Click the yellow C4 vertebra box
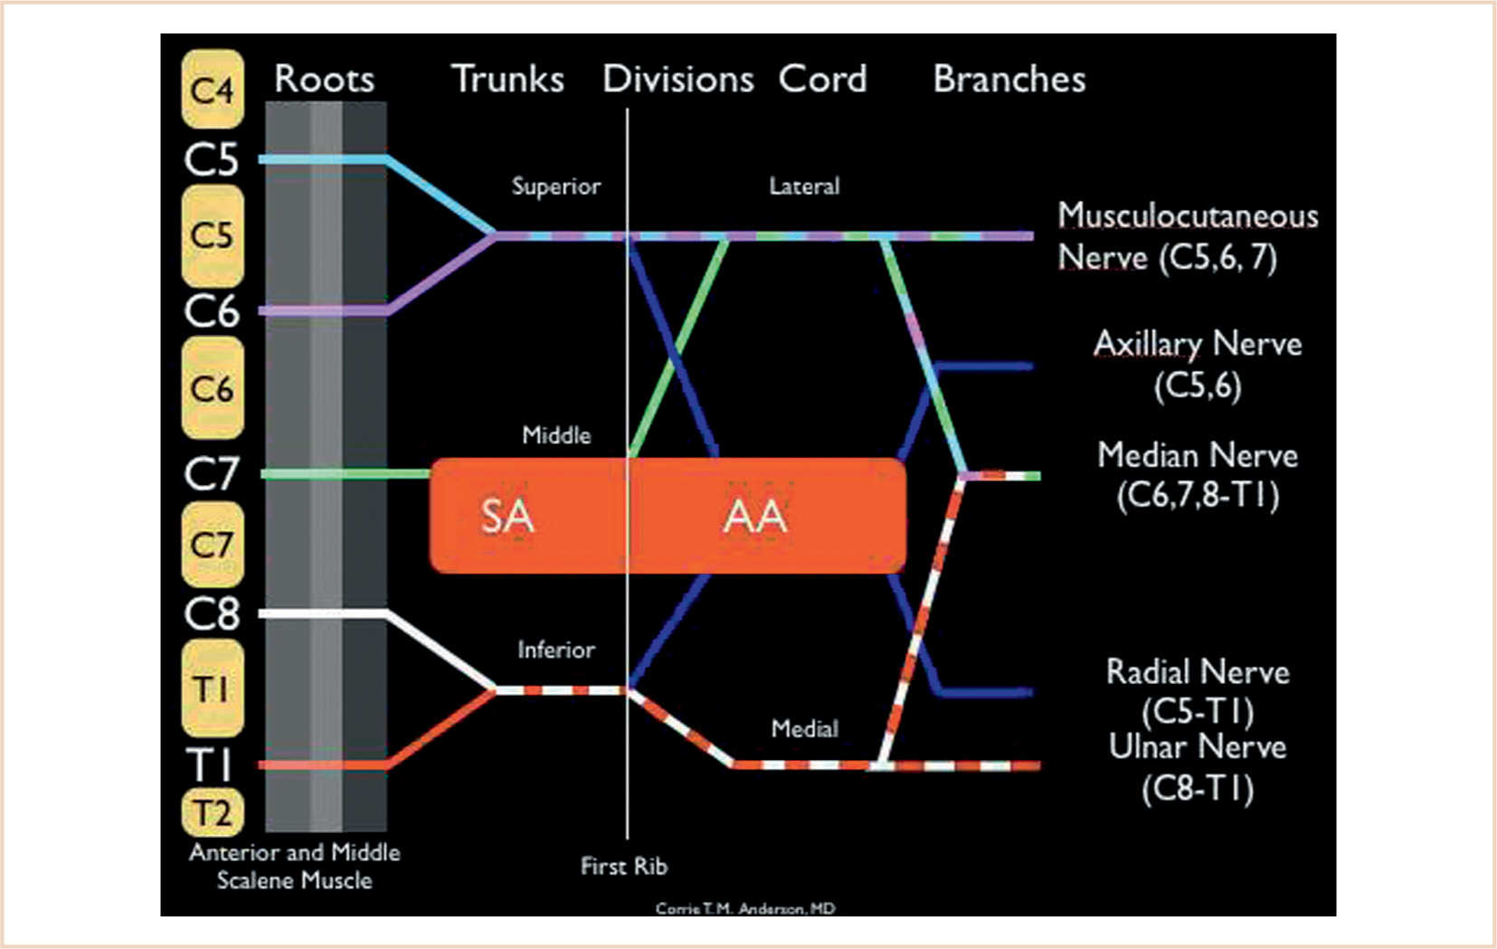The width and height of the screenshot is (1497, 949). (x=213, y=90)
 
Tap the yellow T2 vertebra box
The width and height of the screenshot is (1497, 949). (x=213, y=811)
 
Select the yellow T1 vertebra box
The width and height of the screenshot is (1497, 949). (x=213, y=688)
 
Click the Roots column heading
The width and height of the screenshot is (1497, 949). (x=324, y=80)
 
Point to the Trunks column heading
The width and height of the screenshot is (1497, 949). (x=507, y=80)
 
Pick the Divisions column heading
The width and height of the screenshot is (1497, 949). (x=677, y=80)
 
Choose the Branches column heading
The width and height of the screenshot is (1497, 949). (x=1009, y=80)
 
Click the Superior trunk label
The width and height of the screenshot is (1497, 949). (x=555, y=186)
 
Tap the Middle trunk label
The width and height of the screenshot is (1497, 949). (x=556, y=435)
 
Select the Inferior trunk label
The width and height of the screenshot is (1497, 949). (x=555, y=650)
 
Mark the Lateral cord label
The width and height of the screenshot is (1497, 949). (x=804, y=186)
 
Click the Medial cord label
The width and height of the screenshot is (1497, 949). (x=804, y=728)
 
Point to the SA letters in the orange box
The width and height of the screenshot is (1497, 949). (x=507, y=517)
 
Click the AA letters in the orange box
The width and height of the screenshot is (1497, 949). (x=755, y=517)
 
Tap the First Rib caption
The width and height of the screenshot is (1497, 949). (x=623, y=866)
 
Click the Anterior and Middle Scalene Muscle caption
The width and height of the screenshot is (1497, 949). (x=294, y=866)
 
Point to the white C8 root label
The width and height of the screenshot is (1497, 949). (x=213, y=613)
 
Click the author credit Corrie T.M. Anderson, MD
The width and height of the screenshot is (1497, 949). (x=744, y=908)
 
